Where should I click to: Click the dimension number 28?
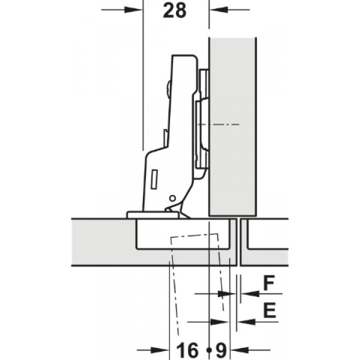(x=174, y=11)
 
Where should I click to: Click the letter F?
(x=269, y=283)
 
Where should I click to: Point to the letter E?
(x=269, y=310)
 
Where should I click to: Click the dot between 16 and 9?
(x=208, y=350)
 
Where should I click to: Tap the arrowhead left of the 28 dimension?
(x=132, y=10)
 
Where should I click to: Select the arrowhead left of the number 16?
(x=159, y=350)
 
